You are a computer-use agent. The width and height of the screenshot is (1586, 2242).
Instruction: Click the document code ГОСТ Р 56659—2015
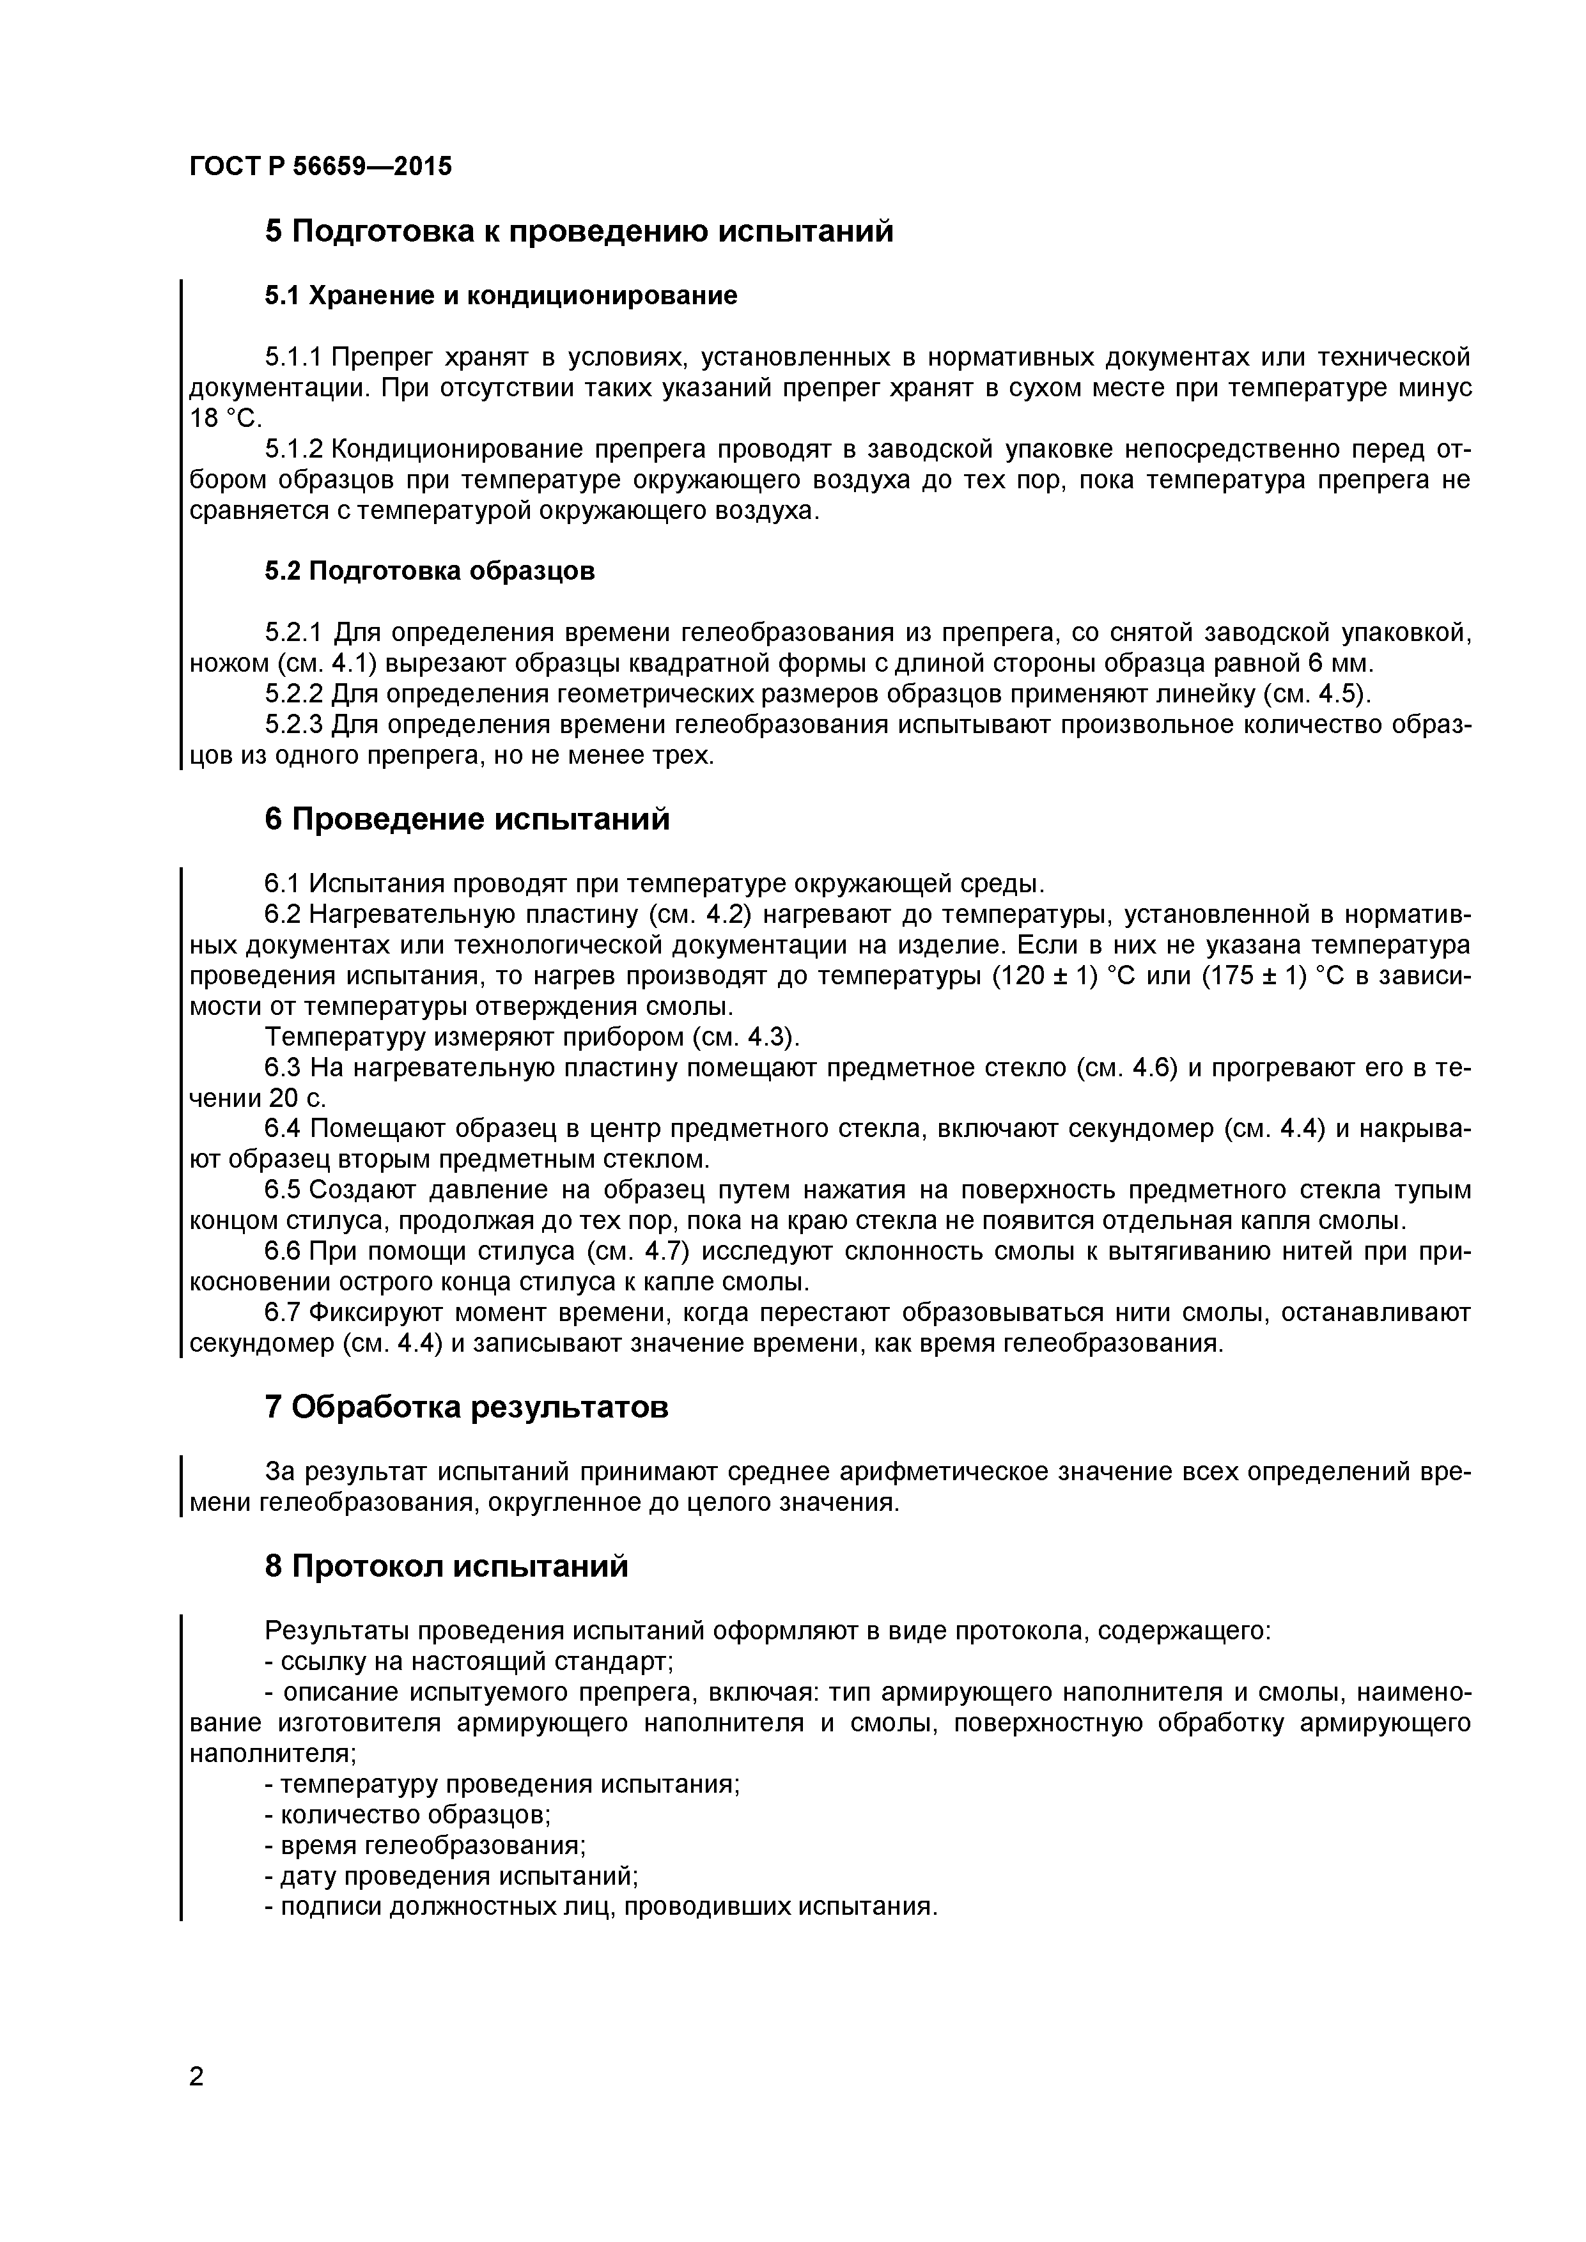tap(320, 167)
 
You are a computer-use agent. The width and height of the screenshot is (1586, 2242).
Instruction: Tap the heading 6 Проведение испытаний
tap(467, 819)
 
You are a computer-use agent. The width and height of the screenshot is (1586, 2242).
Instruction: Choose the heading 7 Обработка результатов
tap(467, 1407)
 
